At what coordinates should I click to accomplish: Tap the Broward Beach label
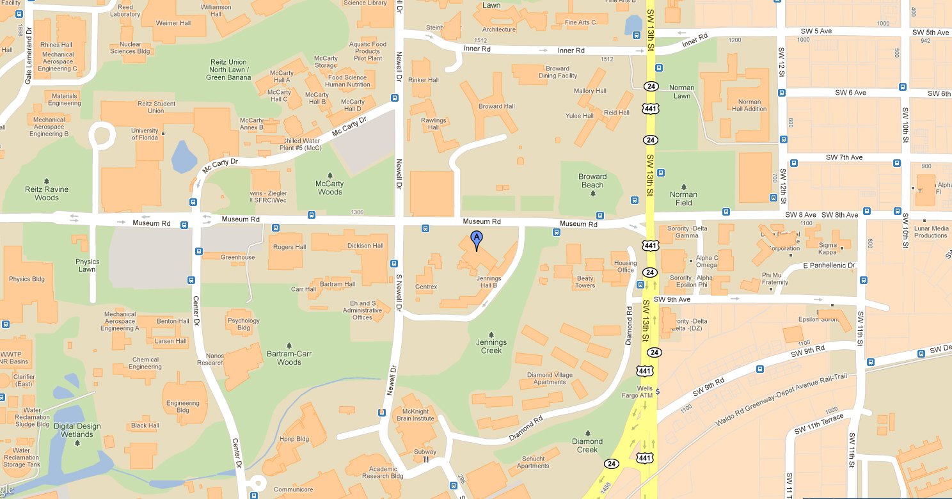[x=592, y=180]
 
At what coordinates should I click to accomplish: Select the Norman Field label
[x=683, y=198]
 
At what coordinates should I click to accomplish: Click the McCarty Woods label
[x=330, y=187]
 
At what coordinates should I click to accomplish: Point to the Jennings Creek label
[x=491, y=346]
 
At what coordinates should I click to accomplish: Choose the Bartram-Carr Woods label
[x=289, y=358]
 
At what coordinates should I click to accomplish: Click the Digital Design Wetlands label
[x=77, y=430]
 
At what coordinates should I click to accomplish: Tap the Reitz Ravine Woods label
[x=47, y=193]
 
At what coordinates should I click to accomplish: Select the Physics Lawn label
[x=88, y=265]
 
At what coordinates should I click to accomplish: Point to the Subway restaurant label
[x=425, y=452]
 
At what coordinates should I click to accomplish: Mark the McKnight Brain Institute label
[x=415, y=415]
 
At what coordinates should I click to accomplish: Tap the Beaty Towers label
[x=585, y=281]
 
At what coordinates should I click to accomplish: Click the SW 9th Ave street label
[x=671, y=299]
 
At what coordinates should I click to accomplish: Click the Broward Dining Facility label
[x=558, y=72]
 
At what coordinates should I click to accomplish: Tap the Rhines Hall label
[x=56, y=45]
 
